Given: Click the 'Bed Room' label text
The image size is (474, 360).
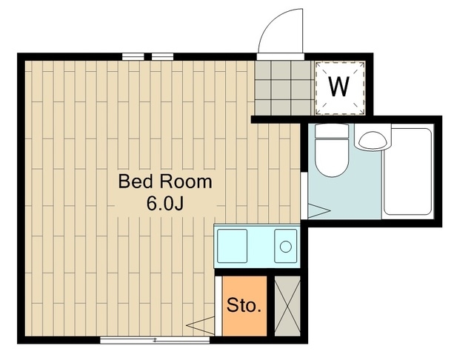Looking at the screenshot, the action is (165, 181).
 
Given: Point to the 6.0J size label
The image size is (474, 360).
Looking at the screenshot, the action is (165, 204).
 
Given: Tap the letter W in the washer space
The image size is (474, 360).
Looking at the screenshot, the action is (339, 87).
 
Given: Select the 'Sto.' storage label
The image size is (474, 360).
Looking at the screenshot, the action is (244, 305).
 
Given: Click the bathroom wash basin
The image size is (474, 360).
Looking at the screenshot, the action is (373, 140).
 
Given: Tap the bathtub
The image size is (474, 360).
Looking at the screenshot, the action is (408, 172).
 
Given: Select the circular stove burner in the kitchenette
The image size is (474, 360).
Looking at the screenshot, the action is (285, 247).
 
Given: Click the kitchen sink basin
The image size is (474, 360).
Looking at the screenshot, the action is (232, 246).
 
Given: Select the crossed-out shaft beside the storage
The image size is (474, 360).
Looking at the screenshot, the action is (287, 306).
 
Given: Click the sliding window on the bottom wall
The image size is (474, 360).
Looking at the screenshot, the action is (155, 340).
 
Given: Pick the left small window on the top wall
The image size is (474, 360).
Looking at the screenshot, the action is (133, 56).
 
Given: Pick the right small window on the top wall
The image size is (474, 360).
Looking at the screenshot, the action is (162, 56).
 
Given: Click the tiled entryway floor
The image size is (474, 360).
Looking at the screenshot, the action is (284, 88).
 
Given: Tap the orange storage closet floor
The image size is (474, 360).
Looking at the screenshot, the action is (244, 306).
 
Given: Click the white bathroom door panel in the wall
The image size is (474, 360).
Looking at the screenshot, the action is (304, 196).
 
